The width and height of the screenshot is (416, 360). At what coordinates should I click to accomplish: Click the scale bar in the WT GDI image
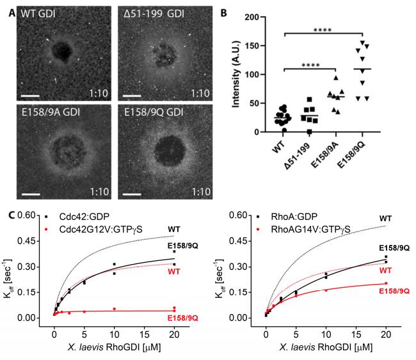click(30, 95)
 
